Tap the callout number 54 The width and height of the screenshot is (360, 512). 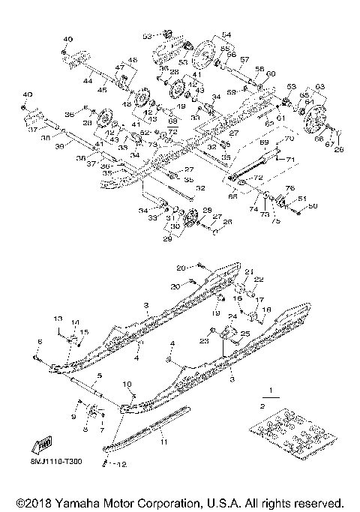226,35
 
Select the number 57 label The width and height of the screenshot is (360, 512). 244,58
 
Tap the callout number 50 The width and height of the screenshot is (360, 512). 313,205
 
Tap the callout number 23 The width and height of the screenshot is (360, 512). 203,341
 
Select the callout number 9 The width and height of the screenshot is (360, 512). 73,416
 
